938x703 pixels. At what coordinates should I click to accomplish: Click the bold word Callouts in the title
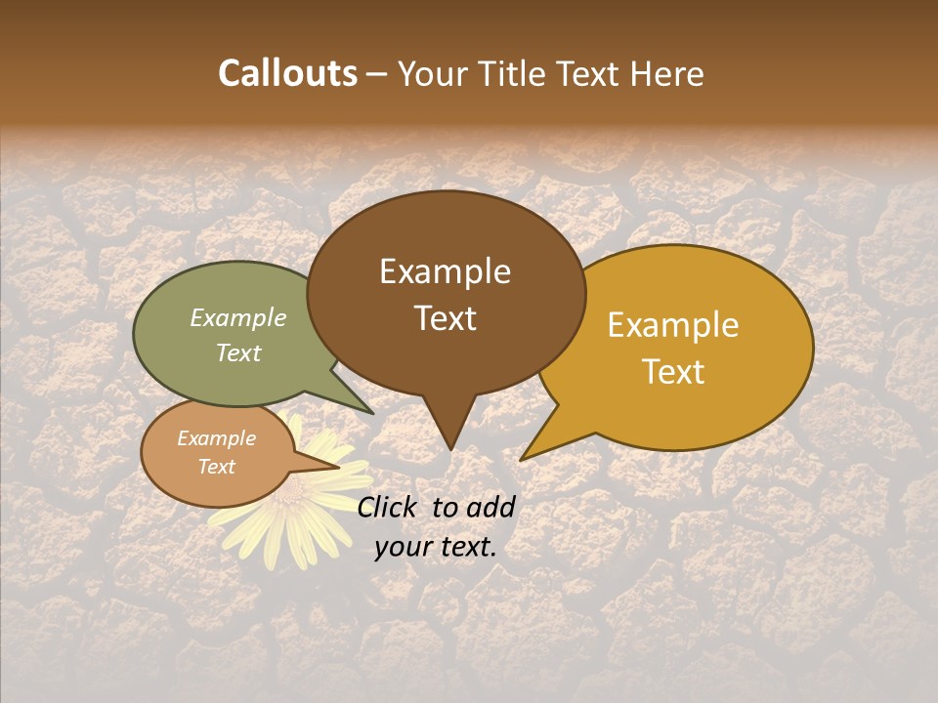click(287, 73)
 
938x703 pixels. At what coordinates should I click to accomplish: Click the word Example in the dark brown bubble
click(445, 271)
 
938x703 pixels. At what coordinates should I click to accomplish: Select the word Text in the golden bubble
click(673, 371)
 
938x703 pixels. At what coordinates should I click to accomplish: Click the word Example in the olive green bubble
click(238, 317)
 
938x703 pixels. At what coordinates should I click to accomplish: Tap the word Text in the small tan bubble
click(216, 467)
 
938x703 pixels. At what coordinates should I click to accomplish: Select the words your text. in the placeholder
click(436, 547)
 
